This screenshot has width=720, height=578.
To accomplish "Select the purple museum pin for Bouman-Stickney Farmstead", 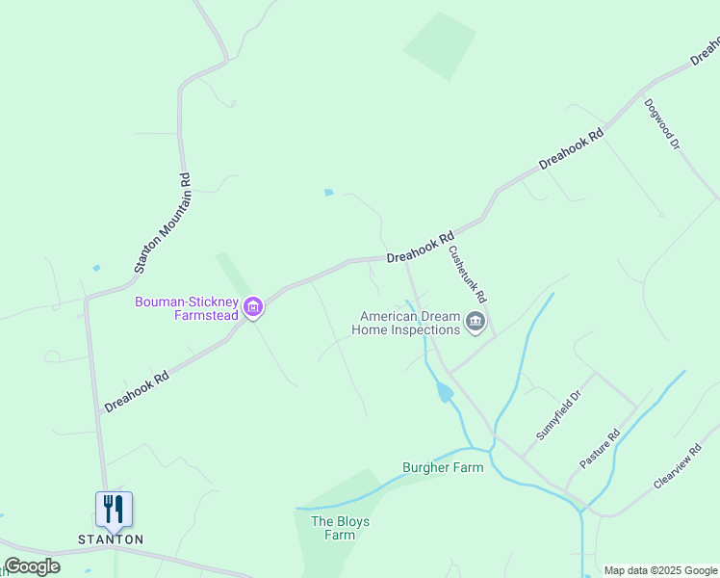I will click(253, 308).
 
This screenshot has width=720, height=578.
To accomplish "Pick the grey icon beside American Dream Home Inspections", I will click(475, 322).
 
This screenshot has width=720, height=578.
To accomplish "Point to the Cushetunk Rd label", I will click(468, 275).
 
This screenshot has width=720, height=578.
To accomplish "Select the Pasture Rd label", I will click(600, 450).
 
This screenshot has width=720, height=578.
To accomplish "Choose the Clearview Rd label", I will click(678, 465).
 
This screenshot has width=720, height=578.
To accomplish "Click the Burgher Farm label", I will click(442, 468).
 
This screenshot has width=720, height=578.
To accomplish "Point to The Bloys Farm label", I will click(340, 528).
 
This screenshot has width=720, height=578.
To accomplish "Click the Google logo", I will click(32, 566).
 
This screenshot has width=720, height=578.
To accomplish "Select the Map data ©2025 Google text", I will click(659, 570).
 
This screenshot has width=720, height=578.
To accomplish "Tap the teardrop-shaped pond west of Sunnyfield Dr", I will click(444, 392).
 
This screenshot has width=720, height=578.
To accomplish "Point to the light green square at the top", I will click(439, 45).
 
